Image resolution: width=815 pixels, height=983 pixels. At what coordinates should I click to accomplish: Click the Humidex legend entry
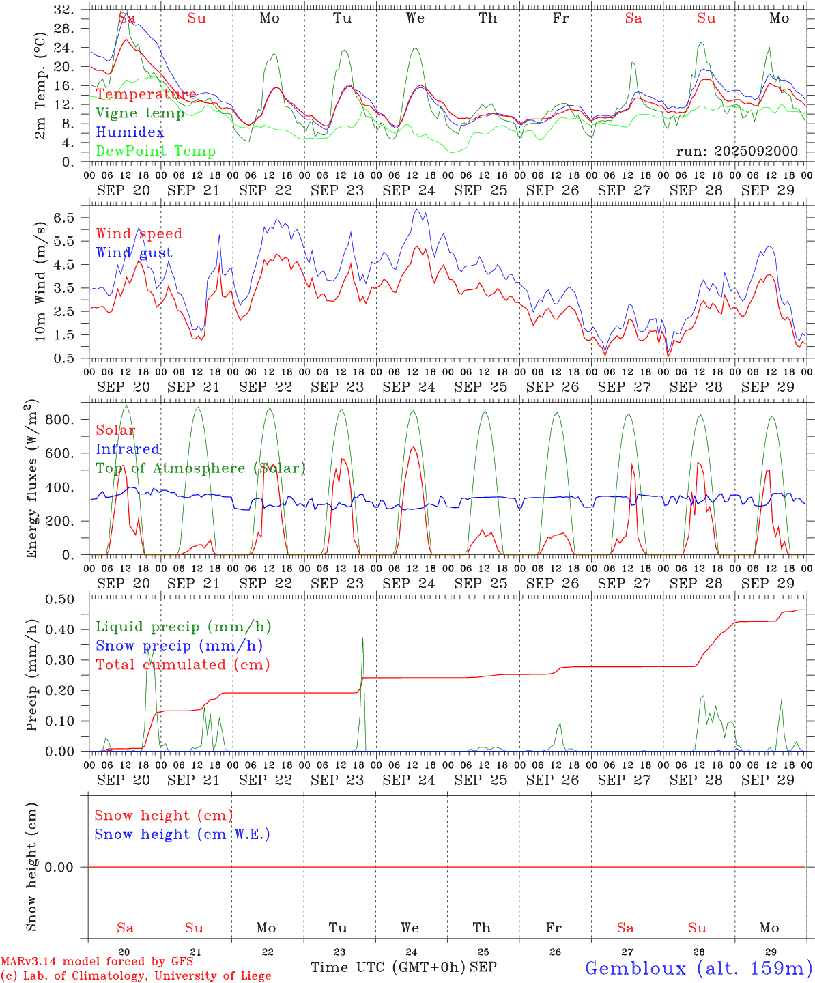pos(130,132)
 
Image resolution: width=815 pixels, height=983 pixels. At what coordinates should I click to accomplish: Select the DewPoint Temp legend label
pos(156,152)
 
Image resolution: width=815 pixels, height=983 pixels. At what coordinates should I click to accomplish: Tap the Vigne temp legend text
pos(140,113)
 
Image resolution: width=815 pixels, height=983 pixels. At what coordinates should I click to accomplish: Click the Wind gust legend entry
pos(134,253)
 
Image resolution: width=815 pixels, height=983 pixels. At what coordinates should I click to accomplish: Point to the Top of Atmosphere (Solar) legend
pos(201,468)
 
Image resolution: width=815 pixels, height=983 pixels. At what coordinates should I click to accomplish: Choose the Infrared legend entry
pos(128,449)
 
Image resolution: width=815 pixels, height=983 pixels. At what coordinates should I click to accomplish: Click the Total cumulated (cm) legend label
pos(183,665)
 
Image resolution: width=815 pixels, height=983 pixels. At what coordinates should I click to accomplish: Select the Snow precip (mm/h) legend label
pos(179,646)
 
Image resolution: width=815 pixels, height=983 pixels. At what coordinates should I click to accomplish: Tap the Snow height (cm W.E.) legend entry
pos(182,834)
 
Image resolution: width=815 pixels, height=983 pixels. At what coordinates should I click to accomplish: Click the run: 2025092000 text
pos(737,152)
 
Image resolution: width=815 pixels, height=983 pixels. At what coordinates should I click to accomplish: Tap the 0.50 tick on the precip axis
pos(60,599)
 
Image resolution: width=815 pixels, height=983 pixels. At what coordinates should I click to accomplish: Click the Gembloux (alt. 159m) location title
pos(698,969)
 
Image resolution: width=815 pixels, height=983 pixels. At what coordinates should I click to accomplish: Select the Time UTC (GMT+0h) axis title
pos(388,967)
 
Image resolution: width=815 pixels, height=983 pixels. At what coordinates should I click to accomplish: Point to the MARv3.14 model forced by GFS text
pos(97,962)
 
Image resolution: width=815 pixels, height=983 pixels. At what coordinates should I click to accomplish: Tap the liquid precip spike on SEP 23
pos(362,642)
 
